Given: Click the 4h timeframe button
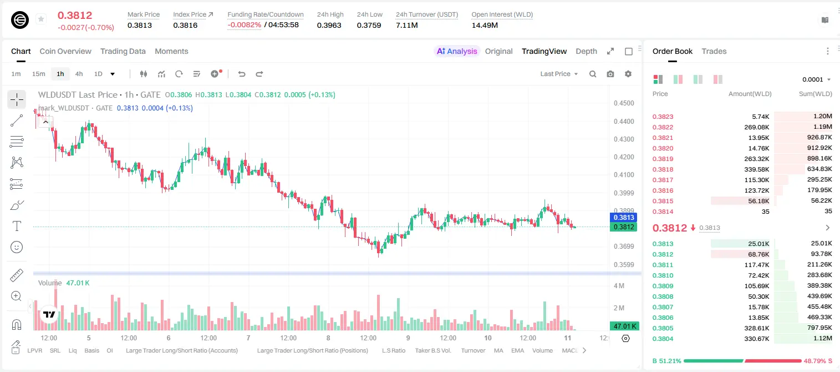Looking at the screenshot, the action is click(79, 74).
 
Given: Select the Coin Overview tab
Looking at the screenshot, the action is click(65, 52).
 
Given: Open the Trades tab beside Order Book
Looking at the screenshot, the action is click(714, 52).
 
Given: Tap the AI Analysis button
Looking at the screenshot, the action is click(457, 52).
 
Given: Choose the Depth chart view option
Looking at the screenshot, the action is click(586, 52).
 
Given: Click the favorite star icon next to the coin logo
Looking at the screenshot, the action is click(41, 19).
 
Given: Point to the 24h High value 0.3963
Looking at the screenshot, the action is click(329, 25).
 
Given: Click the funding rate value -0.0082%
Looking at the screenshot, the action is click(244, 25).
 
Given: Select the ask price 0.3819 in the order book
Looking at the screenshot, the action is click(663, 159).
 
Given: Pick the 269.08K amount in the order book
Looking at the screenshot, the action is click(756, 127).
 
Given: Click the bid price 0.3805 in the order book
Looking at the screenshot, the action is click(663, 328).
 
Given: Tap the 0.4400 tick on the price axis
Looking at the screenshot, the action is click(624, 121).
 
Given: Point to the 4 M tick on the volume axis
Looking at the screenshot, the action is click(619, 286).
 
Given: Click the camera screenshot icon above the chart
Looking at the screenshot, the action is click(610, 74).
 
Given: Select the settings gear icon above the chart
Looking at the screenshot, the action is click(628, 74).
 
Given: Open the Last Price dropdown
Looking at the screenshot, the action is click(559, 74).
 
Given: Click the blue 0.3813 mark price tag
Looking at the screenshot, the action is click(624, 217).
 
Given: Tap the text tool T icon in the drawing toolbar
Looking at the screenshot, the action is click(17, 226).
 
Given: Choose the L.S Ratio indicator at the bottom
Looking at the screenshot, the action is click(393, 350).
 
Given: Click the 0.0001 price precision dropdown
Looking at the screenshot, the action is click(816, 79).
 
